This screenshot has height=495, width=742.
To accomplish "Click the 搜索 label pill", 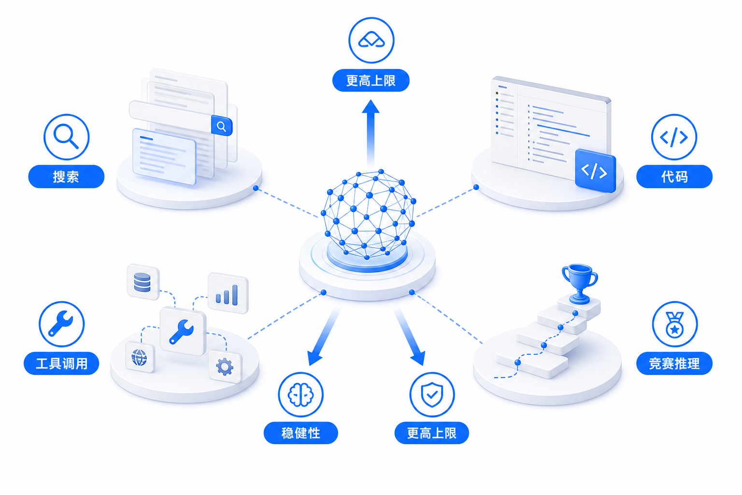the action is point(66,176).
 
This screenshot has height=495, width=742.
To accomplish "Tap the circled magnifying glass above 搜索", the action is point(66,137).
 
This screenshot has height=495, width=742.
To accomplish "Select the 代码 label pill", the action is point(674,176).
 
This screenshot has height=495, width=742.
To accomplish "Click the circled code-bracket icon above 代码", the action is point(674,137).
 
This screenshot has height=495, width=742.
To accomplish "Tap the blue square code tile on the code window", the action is point(595,171).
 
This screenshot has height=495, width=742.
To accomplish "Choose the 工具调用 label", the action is point(62,364).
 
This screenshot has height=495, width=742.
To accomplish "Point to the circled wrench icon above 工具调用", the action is point(62,324).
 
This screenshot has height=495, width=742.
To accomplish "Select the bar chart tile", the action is point(228,293).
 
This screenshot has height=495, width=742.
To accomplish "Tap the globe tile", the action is point(140,357).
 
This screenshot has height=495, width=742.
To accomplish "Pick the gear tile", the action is point(225,366).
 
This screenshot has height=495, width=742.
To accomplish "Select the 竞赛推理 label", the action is point(674,364).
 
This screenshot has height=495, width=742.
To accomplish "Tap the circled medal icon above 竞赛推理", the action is point(675,324).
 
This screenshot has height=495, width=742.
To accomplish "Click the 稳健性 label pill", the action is point(301,433).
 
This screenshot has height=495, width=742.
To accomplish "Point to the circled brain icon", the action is point(301,394).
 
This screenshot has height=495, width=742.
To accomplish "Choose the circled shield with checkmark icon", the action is point(432,394).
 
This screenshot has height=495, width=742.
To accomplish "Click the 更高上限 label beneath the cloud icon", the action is point(371,80).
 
